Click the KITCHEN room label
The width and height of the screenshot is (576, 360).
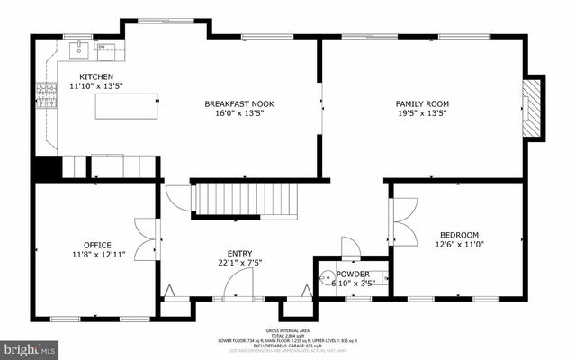click(96, 76)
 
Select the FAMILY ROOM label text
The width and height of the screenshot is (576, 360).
click(422, 103)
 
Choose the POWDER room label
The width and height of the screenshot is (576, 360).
click(353, 274)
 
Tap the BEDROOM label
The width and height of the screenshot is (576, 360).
click(459, 234)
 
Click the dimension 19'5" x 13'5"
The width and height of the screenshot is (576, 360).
click(422, 113)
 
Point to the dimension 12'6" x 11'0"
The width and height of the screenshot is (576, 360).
click(459, 244)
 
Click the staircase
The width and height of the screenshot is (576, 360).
click(247, 200)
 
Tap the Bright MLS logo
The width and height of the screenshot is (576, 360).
click(29, 346)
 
